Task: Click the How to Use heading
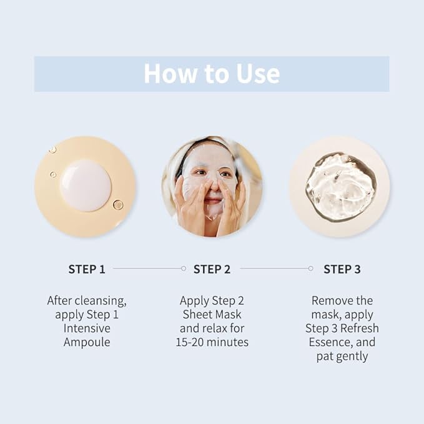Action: (x=212, y=74)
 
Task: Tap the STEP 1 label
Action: (x=87, y=269)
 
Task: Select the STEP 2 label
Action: (x=212, y=269)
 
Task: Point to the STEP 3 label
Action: (x=342, y=269)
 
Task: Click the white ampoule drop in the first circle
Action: (x=86, y=185)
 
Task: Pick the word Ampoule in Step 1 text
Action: (x=87, y=342)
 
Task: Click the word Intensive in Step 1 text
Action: (x=87, y=328)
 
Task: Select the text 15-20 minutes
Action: (x=212, y=342)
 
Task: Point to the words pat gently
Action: (x=342, y=356)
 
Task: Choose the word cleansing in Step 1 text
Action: (x=101, y=300)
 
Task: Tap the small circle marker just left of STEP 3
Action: (x=310, y=269)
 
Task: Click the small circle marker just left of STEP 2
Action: (x=183, y=269)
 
